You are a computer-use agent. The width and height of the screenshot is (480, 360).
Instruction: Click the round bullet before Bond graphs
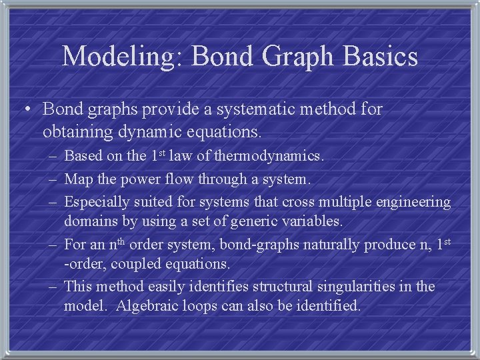click(27, 110)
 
